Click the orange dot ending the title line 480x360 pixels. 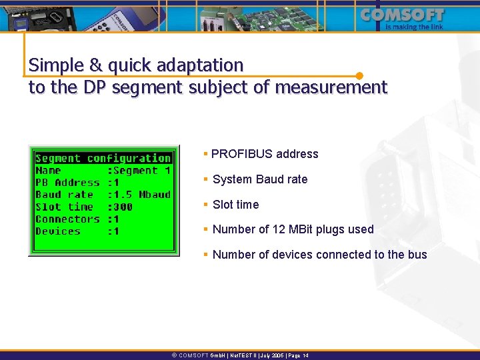click(359, 76)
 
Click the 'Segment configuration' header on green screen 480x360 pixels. click(103, 158)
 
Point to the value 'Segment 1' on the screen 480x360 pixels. click(142, 171)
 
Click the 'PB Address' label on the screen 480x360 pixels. click(67, 183)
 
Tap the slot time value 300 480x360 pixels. click(123, 207)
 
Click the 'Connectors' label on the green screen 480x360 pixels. click(67, 219)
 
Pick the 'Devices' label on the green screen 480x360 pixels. click(57, 231)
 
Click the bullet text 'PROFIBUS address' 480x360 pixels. click(265, 154)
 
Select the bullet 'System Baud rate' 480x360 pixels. click(260, 179)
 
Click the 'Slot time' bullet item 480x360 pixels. click(235, 205)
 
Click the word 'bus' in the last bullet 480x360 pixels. click(417, 255)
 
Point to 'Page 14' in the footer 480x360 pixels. click(297, 355)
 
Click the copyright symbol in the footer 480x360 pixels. click(174, 355)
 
